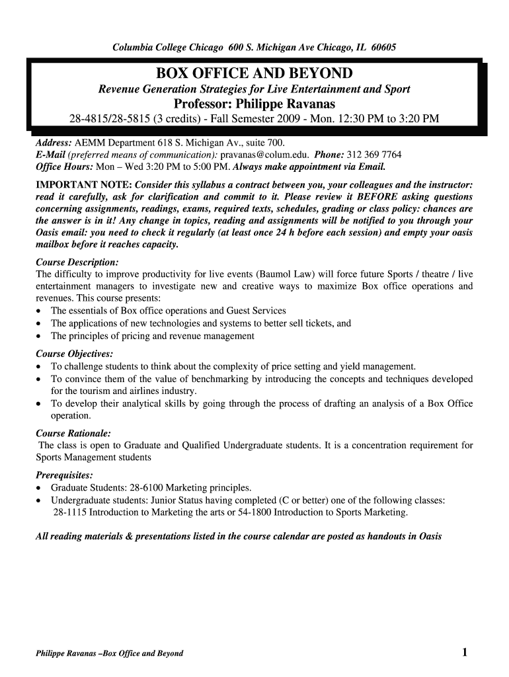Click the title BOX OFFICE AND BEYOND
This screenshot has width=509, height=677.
point(254,73)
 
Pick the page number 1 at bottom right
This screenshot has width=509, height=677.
point(465,653)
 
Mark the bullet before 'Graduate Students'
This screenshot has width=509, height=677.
point(40,488)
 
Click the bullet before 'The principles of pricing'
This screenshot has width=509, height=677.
point(40,336)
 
